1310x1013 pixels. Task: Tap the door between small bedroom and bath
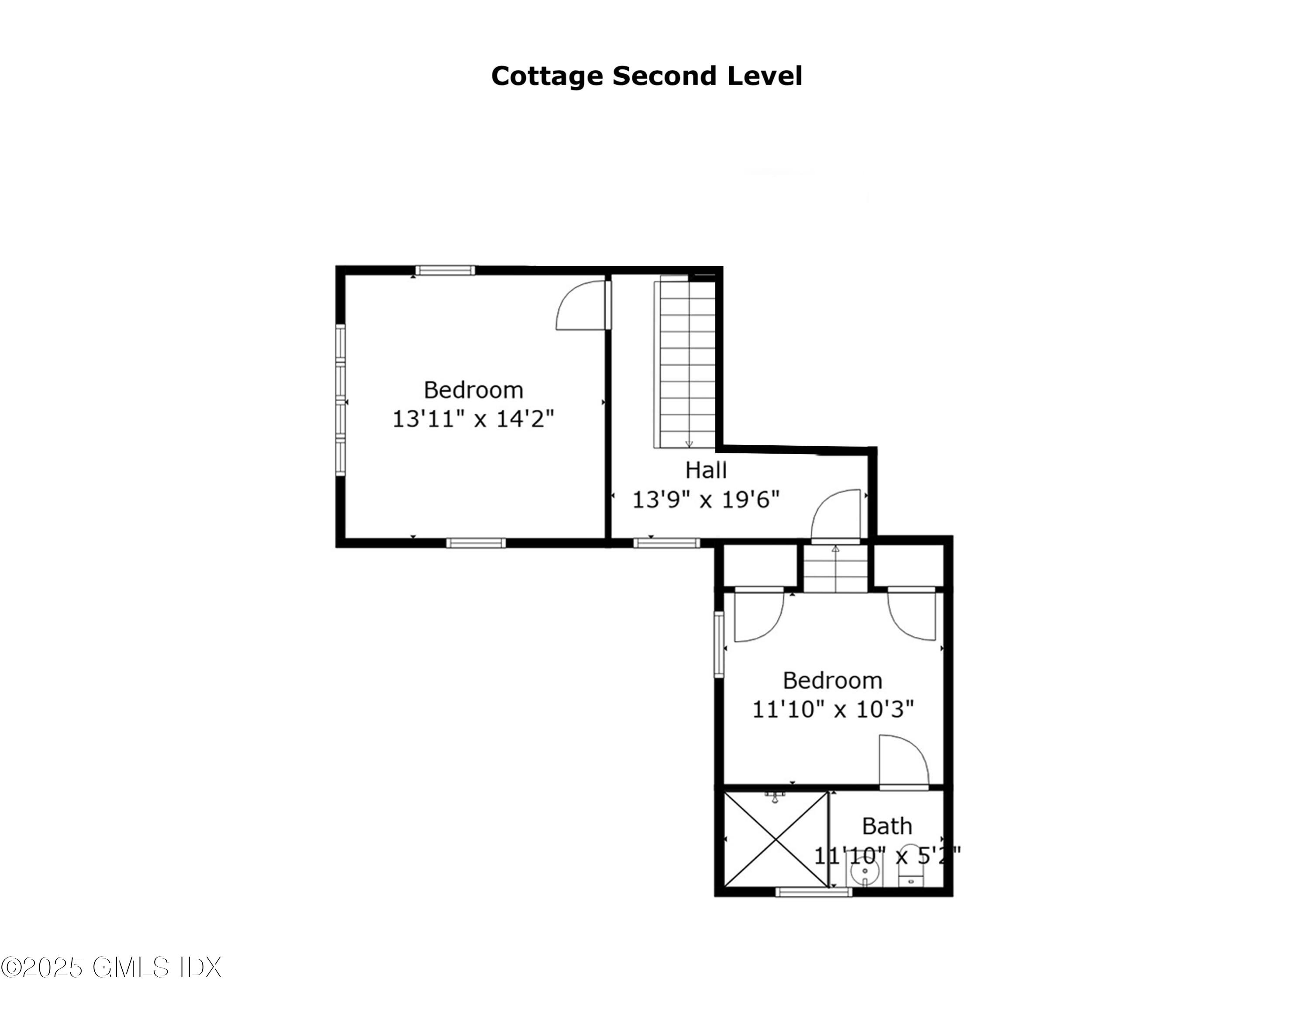coord(903,761)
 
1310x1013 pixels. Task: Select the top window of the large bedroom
coord(445,271)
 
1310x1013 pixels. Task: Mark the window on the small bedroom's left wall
coord(719,645)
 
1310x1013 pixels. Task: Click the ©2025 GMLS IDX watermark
coord(111,968)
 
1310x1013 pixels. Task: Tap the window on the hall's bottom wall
coord(666,543)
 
